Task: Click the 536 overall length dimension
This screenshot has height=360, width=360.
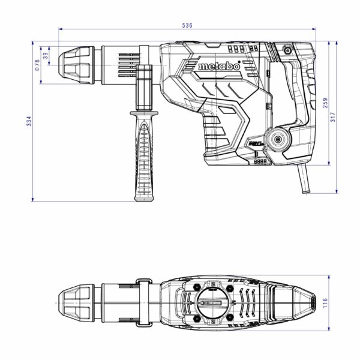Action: pos(187,25)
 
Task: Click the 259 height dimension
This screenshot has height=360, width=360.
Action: pos(325,103)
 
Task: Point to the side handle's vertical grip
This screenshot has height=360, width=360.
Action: pos(145,162)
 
